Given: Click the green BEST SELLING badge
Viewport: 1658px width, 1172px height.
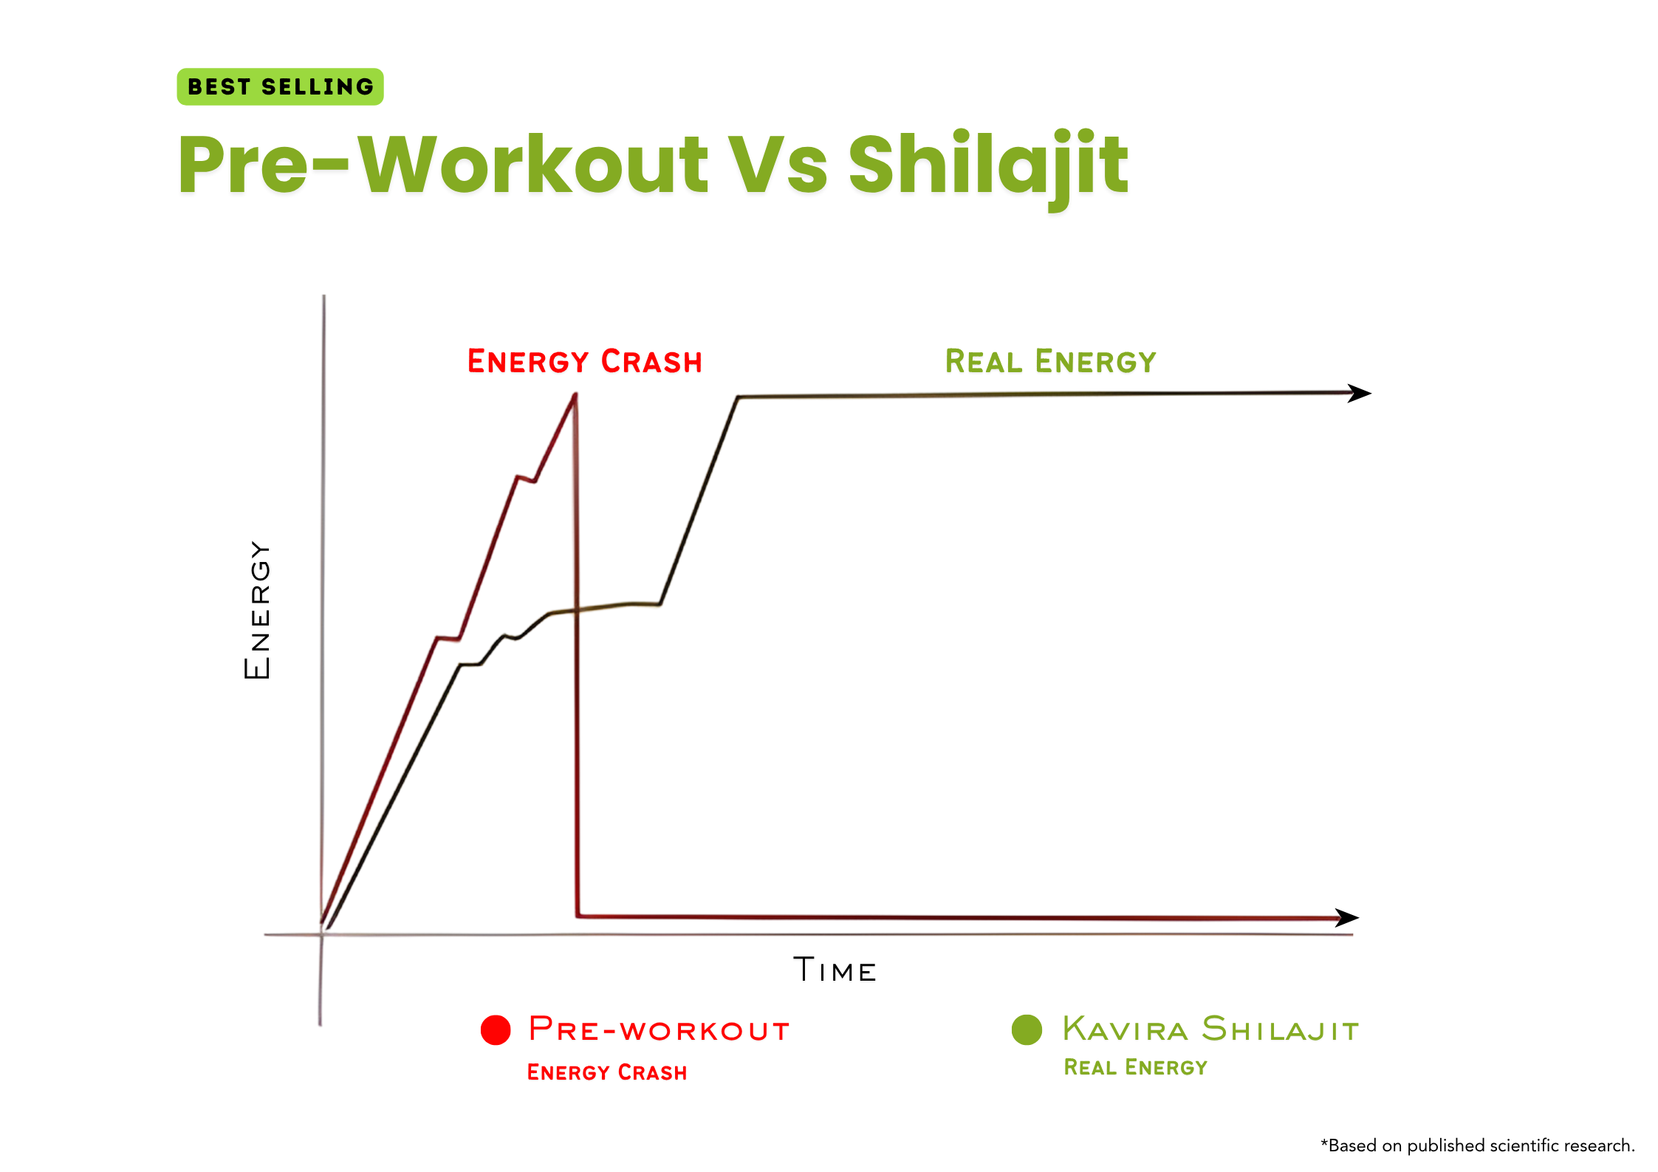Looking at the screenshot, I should click(280, 86).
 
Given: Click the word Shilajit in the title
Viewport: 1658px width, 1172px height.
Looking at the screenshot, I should click(988, 165).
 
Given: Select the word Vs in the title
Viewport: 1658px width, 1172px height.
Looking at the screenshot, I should click(778, 165).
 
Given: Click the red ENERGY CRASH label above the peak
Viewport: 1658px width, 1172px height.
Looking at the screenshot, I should click(584, 361).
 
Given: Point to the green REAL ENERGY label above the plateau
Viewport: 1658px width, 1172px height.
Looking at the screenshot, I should click(1050, 361).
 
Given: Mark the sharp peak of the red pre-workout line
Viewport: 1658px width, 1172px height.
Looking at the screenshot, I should click(575, 395).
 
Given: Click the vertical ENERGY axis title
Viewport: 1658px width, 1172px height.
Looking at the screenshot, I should click(257, 609).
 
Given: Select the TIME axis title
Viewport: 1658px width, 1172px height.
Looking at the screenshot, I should click(835, 970).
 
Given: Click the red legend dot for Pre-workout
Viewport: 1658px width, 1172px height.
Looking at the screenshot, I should click(496, 1029).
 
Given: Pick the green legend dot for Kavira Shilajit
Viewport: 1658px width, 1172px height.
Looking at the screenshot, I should click(1027, 1029).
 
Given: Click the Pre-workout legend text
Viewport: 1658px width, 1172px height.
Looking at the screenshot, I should click(659, 1029).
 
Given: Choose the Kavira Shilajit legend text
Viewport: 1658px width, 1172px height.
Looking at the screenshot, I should click(1210, 1029).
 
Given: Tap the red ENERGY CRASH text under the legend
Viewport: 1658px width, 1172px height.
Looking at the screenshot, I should click(606, 1072).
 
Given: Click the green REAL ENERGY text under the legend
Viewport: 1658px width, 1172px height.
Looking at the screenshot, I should click(1135, 1067).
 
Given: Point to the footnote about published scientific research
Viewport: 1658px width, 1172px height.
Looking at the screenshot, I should click(1477, 1145).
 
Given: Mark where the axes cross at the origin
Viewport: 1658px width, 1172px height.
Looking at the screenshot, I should click(322, 935).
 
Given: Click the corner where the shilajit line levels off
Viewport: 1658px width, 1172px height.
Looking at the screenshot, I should click(738, 397).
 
